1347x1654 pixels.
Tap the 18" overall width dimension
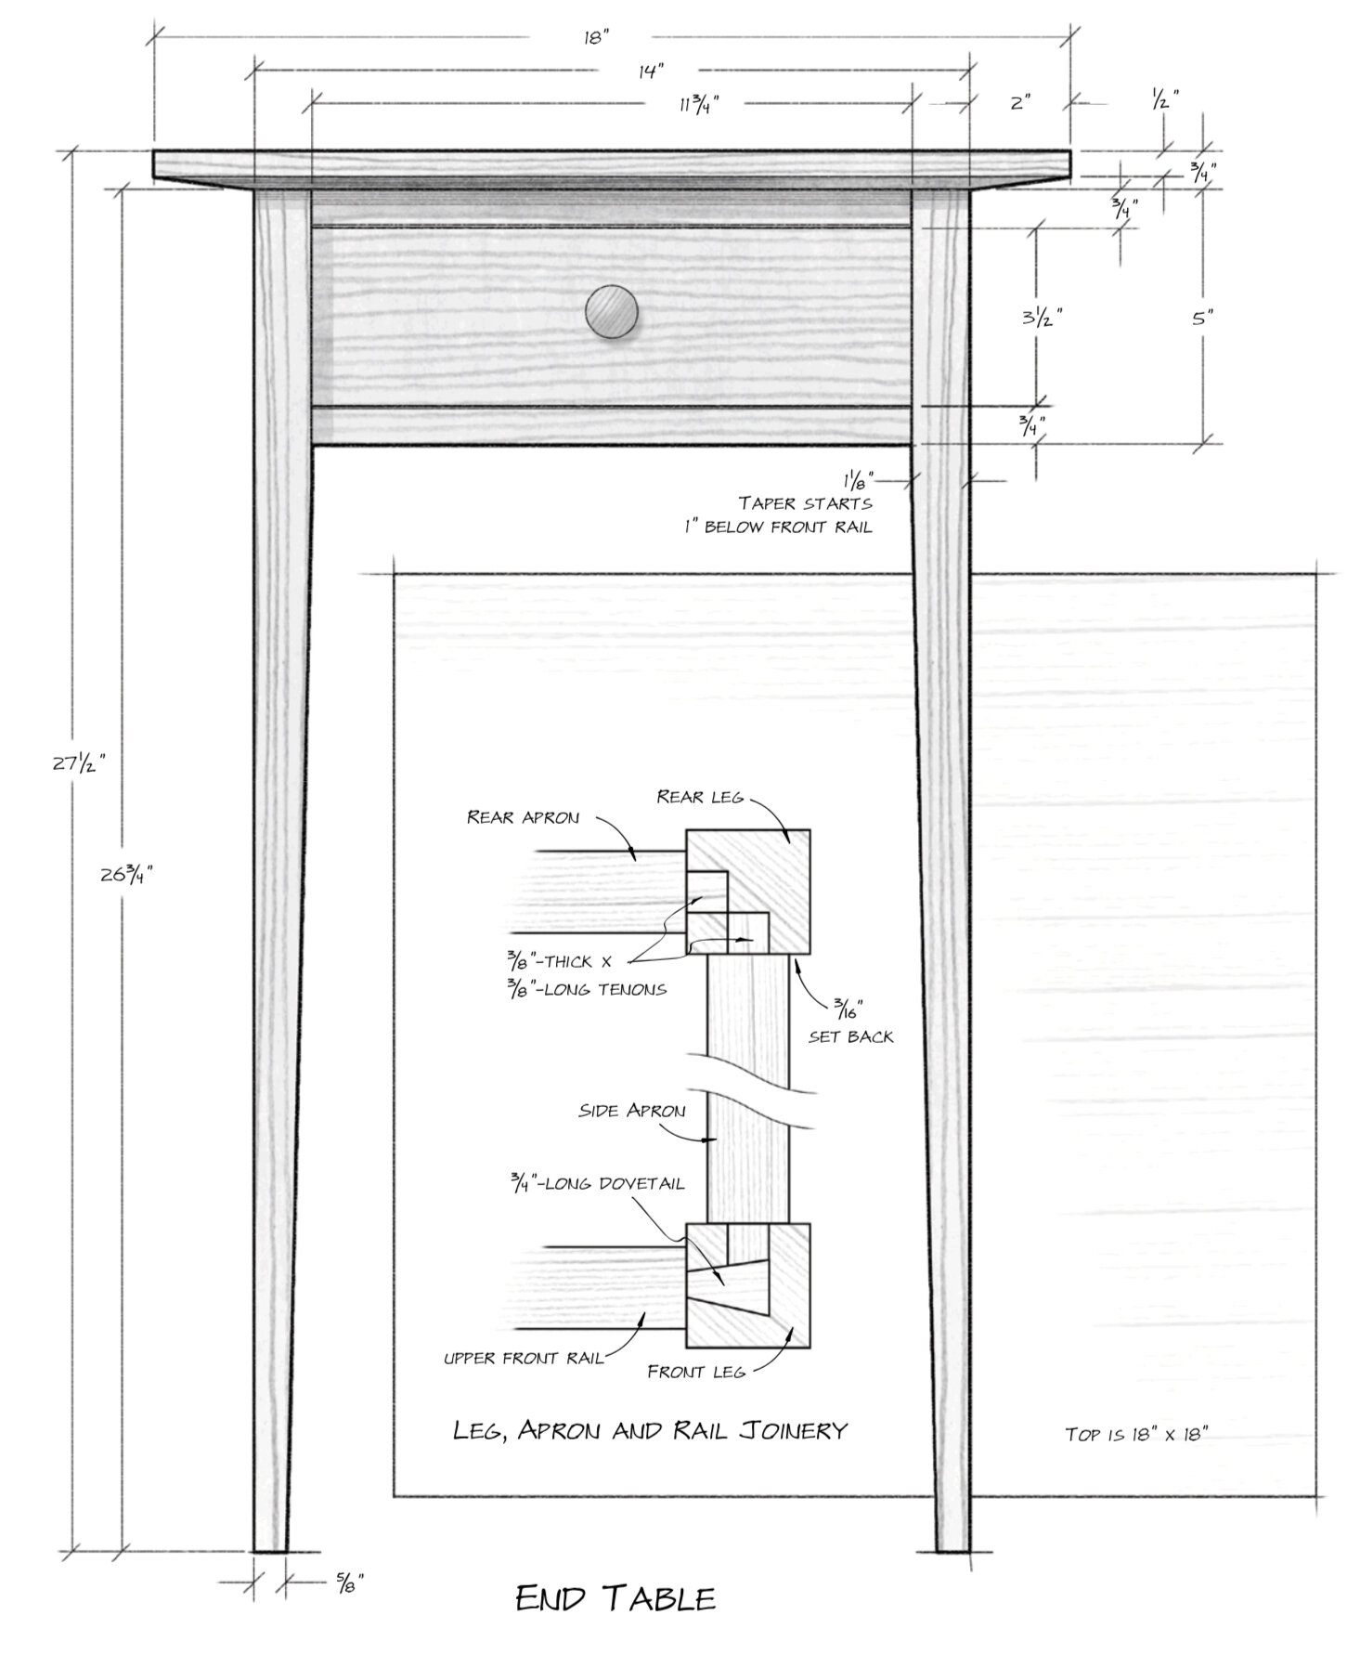596,37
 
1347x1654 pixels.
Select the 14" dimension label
652,71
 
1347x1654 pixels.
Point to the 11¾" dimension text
699,103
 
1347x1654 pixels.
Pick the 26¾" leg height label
126,874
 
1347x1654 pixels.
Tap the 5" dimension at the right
1203,318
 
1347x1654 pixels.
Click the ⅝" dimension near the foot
349,1579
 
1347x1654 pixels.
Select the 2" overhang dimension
1020,102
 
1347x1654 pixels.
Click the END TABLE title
615,1598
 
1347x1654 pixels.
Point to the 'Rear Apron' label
523,817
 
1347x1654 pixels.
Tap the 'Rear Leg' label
699,796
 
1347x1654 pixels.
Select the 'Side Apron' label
632,1111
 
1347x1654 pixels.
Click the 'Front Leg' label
696,1371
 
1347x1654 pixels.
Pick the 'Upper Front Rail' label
524,1358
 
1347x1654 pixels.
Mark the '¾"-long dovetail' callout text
597,1183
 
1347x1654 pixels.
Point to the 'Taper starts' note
806,502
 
